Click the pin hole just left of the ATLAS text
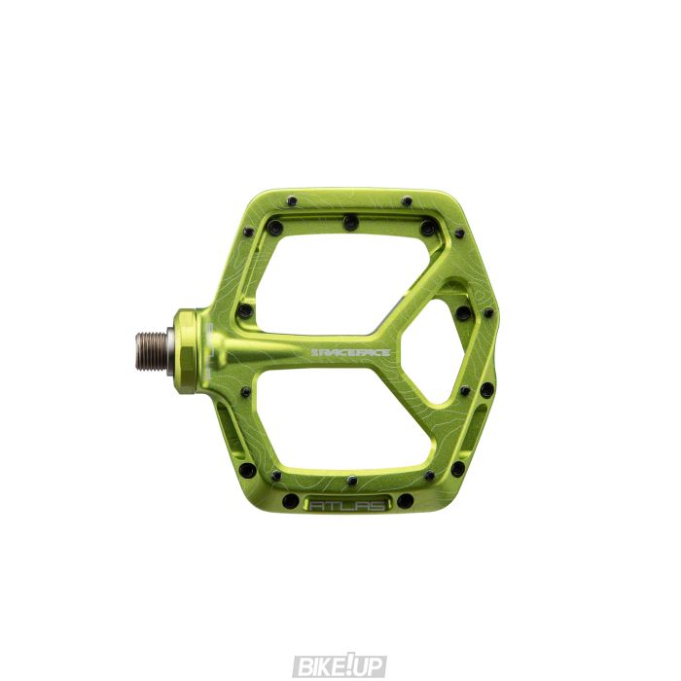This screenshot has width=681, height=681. click(x=290, y=502)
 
